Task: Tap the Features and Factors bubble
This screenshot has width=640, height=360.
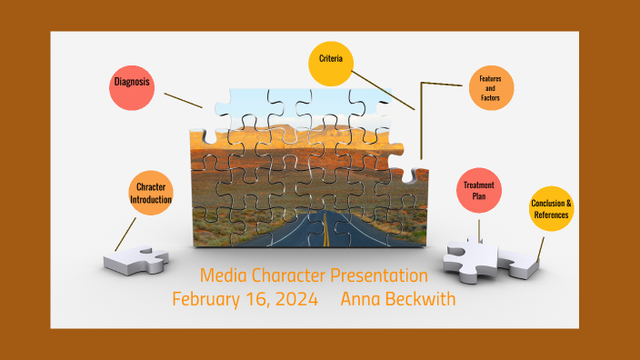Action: (x=491, y=89)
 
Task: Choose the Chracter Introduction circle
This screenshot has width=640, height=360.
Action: (x=150, y=193)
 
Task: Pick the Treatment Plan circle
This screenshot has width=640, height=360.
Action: (x=478, y=191)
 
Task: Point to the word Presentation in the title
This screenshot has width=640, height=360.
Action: (x=378, y=275)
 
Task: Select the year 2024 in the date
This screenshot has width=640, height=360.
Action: (x=299, y=298)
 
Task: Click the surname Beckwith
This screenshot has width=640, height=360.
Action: (x=423, y=298)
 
